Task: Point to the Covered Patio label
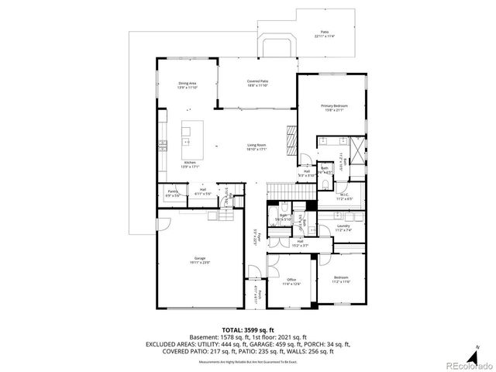257,83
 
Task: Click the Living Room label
257,147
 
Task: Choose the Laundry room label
344,228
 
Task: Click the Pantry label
173,192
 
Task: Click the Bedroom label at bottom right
341,279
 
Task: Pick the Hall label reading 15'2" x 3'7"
300,243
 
